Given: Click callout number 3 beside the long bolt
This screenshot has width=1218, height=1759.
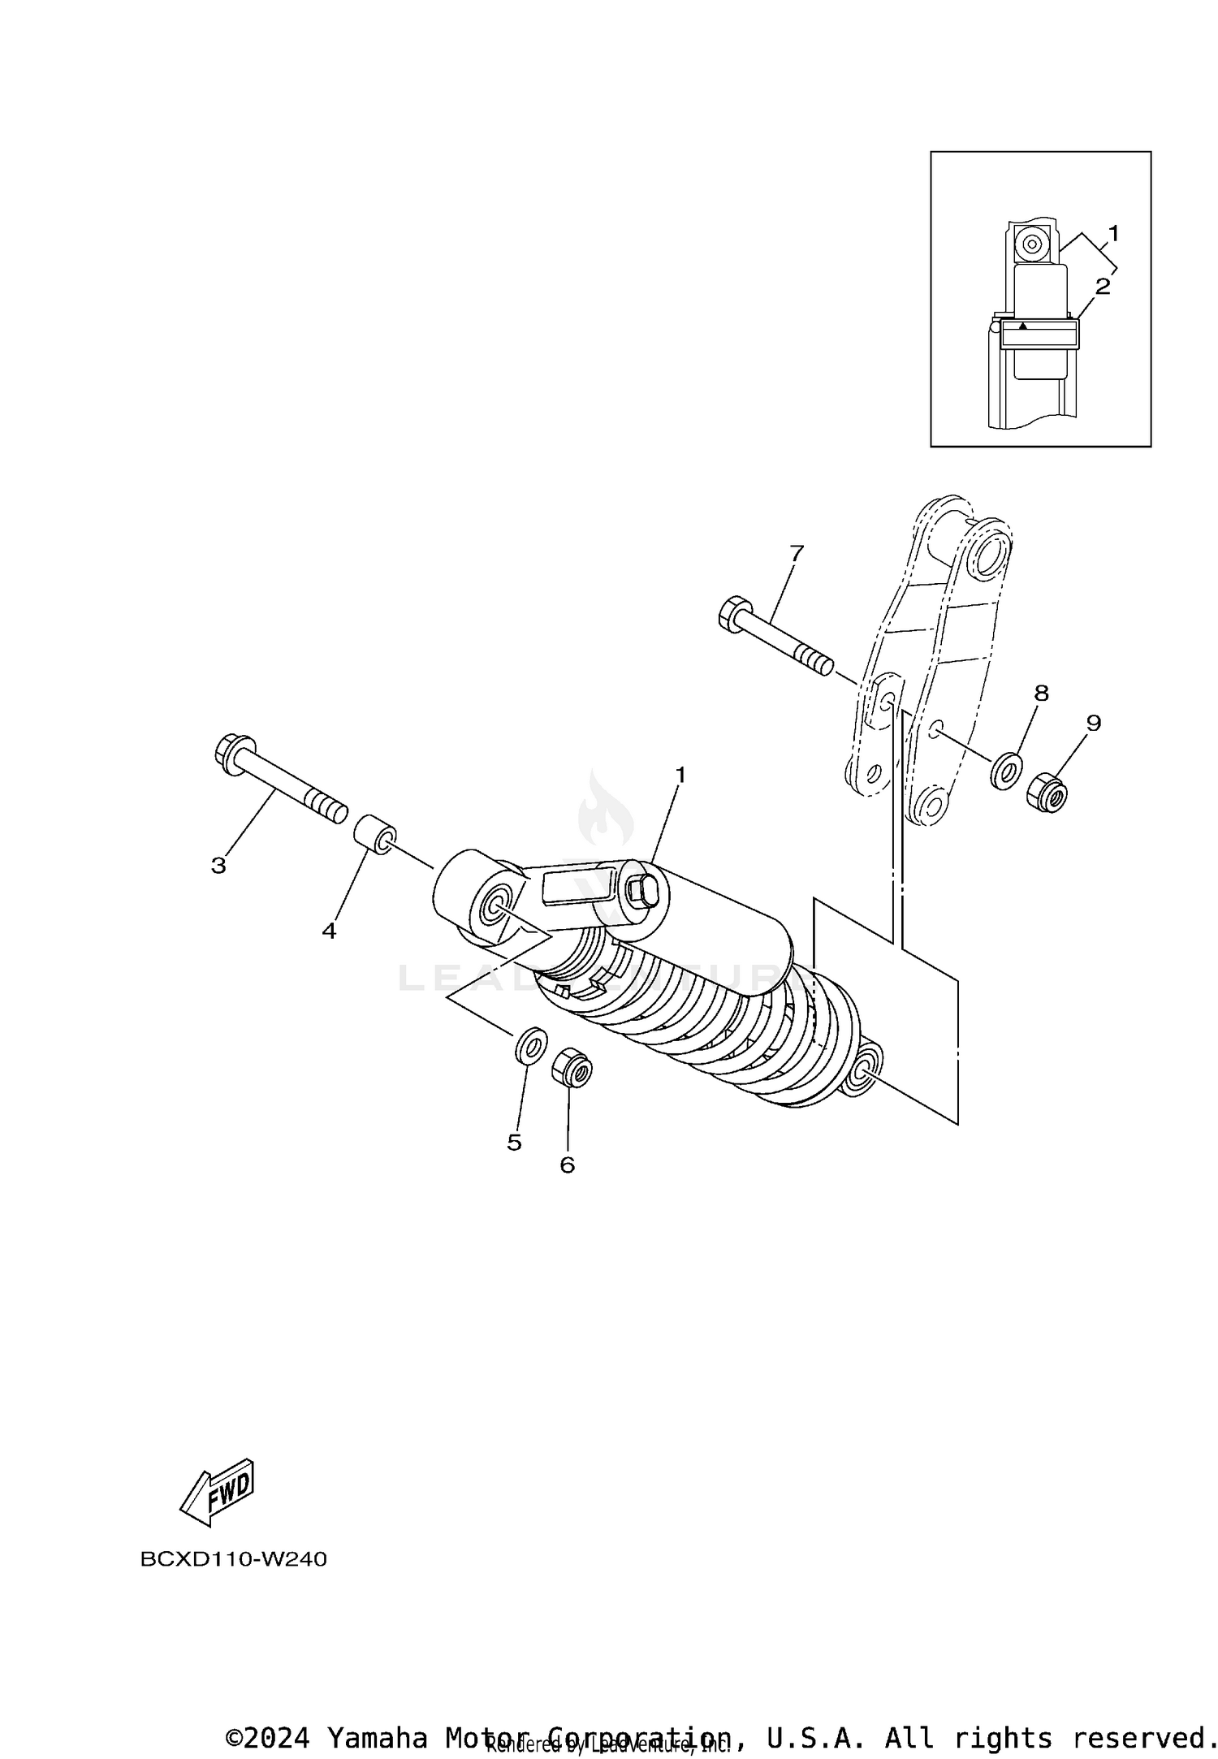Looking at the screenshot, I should [218, 866].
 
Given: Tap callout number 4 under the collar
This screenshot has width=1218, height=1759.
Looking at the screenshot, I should [328, 931].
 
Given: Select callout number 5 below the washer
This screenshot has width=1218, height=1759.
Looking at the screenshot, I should [514, 1143].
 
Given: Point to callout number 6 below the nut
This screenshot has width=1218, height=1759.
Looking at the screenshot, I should [567, 1165].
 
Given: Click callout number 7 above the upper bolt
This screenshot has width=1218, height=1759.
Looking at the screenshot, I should [796, 553].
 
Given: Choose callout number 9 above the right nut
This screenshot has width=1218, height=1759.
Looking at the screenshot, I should [1093, 722].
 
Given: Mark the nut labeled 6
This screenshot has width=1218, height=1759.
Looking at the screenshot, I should [572, 1070].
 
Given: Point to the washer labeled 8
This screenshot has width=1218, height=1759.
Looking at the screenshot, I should [1006, 769].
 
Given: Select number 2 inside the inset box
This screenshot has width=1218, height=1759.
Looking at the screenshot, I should [1102, 286].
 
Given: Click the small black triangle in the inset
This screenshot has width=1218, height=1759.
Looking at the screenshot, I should [1023, 326].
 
